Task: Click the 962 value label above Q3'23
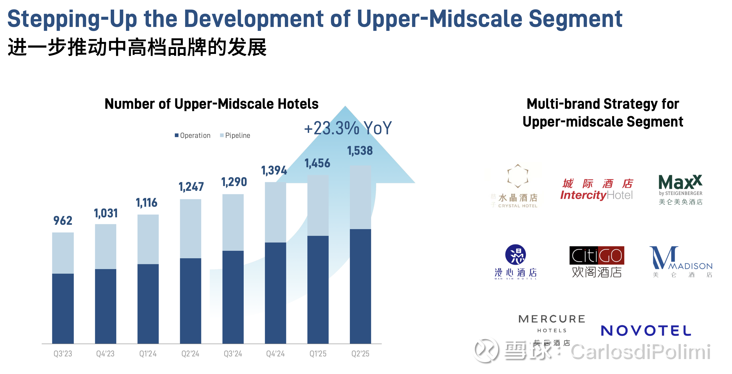tap(63, 221)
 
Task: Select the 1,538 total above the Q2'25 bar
tap(360, 150)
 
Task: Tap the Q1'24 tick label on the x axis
tap(148, 354)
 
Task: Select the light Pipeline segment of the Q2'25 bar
tap(360, 197)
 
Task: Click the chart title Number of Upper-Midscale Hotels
tap(211, 104)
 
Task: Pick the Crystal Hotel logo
tap(516, 186)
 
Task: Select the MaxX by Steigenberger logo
tap(680, 189)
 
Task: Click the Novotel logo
tap(646, 330)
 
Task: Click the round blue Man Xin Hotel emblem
tap(515, 254)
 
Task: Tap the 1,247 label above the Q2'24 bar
tap(191, 187)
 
